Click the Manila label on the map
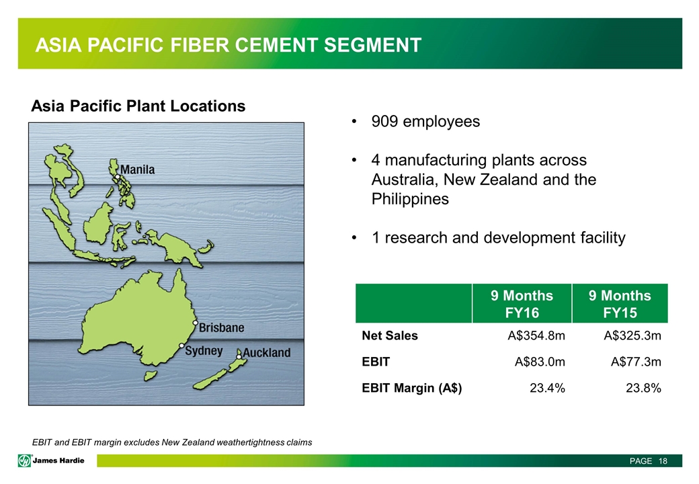pos(137,170)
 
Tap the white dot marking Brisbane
pos(196,322)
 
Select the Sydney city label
pos(204,351)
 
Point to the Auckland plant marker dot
pos(239,356)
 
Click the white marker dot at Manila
pos(117,177)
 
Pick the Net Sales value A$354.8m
pos(536,335)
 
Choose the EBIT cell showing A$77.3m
pos(636,362)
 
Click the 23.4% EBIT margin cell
pos(547,388)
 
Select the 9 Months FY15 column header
pos(620,304)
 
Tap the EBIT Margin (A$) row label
pos(412,388)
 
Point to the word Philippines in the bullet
pos(410,199)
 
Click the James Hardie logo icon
pos(24,460)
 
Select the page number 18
pos(663,461)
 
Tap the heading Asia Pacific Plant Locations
pos(138,106)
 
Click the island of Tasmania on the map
pos(150,376)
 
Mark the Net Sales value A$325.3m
pos(632,335)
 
